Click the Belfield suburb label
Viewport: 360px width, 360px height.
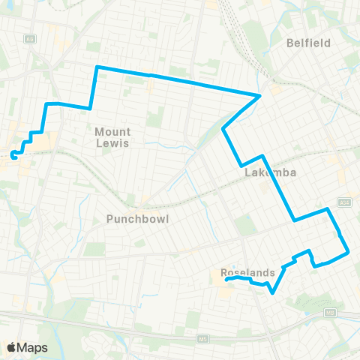tap(308, 43)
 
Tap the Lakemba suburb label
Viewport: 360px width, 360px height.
tap(270, 172)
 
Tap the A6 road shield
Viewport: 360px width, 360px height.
tap(31, 37)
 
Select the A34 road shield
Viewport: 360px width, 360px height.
tap(344, 202)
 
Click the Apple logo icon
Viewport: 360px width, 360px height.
tap(12, 347)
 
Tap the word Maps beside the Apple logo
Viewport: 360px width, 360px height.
tap(33, 347)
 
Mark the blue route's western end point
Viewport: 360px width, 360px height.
tap(13, 155)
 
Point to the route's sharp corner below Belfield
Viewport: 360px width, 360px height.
tap(260, 95)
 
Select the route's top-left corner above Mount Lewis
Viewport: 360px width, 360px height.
tap(97, 67)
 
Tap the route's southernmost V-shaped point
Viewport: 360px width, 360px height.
tap(271, 294)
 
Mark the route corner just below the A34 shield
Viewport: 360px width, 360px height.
tap(328, 209)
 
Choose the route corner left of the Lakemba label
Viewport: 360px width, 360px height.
tap(240, 166)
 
